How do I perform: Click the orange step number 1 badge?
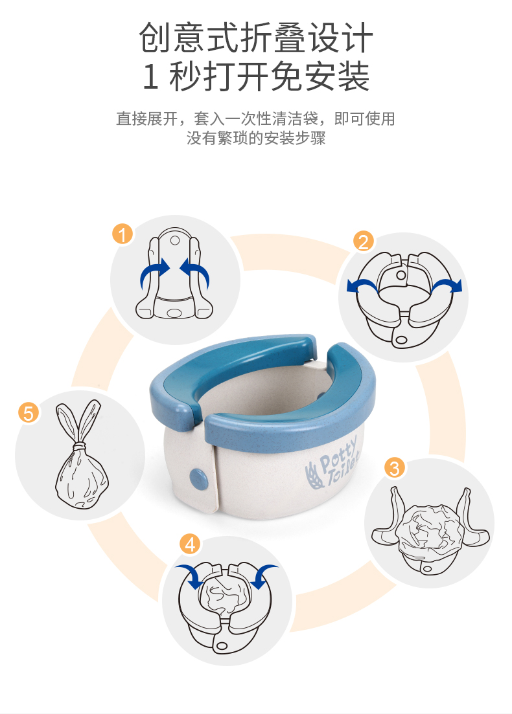coord(122,234)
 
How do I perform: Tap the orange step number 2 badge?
coord(363,241)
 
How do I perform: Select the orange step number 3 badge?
coord(395,467)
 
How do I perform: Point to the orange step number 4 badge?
coord(190,544)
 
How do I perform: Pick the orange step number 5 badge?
coord(29,413)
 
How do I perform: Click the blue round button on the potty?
coord(198,479)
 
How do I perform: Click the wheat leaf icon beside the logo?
coord(313,475)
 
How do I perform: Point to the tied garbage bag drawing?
coord(81,455)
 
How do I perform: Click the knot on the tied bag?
coord(80,446)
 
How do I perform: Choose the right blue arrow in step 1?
coord(195,273)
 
